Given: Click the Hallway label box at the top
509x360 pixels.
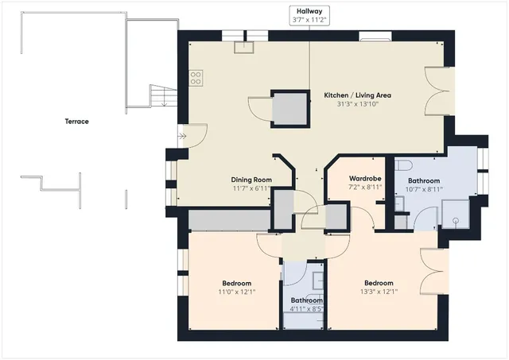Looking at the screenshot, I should pos(309,13).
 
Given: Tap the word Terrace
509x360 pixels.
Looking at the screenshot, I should pos(77,122).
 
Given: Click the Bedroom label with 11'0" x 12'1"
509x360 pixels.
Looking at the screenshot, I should pos(237,284).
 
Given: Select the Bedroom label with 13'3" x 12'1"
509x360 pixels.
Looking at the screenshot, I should pos(379,283).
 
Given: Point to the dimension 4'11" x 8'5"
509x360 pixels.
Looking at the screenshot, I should pos(305,310).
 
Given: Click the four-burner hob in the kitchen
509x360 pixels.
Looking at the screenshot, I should pos(196,78).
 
